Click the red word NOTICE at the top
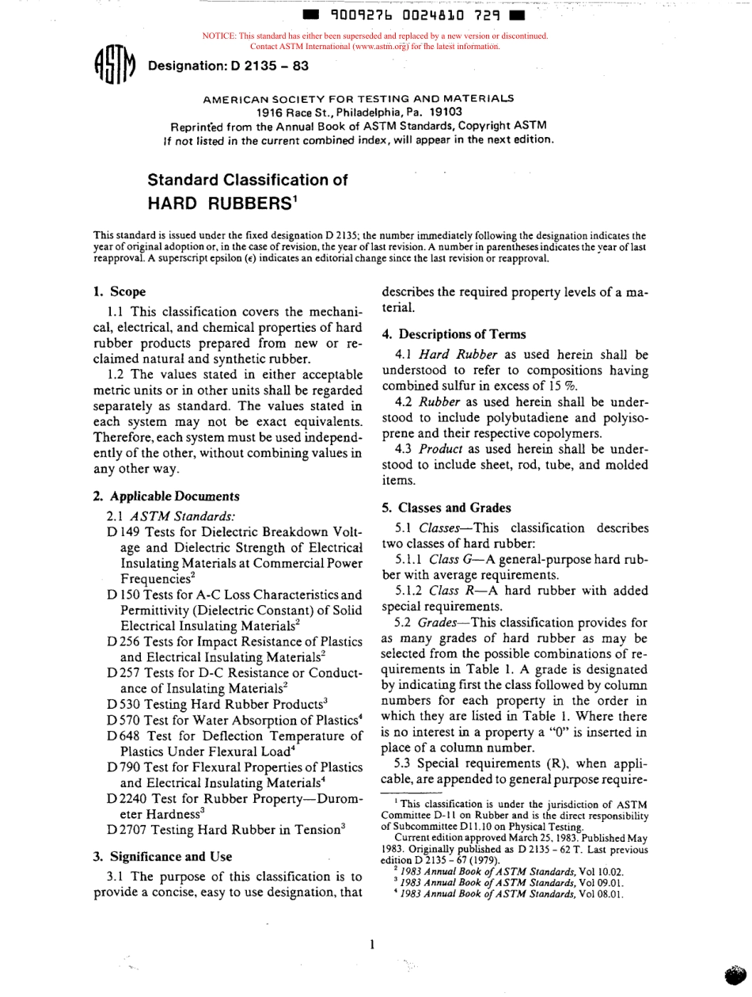(x=219, y=36)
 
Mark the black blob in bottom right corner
(x=735, y=976)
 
